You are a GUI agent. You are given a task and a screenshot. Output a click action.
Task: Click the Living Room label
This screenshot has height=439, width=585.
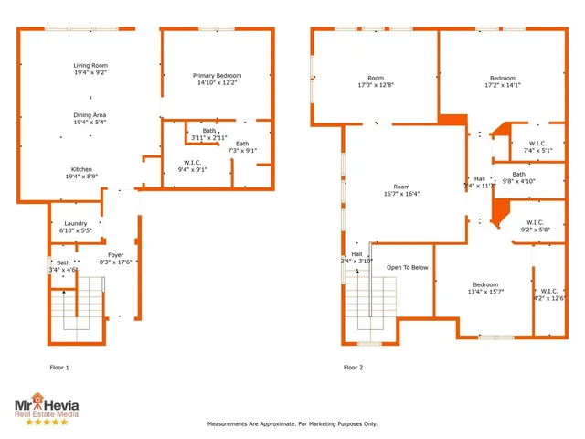coord(90,70)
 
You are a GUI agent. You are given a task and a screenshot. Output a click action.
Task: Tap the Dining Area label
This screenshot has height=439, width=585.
coord(90,119)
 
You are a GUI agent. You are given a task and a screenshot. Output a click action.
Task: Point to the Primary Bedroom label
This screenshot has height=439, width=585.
coord(215,79)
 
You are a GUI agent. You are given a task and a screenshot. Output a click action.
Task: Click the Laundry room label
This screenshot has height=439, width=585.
coord(75,227)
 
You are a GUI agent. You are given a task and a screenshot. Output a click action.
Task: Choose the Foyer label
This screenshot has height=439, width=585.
coord(115,259)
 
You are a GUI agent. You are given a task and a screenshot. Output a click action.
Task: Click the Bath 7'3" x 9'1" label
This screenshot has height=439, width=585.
coord(241,146)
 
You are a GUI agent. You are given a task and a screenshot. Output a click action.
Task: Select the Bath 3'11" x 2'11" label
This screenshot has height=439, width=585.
coord(209,134)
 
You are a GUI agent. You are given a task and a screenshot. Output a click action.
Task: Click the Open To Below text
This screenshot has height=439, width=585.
coord(407,268)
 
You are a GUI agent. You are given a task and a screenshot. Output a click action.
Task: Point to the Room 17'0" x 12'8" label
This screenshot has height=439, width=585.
coord(376,82)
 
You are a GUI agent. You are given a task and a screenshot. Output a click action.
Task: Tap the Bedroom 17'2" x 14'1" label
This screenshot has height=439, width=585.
coord(502,82)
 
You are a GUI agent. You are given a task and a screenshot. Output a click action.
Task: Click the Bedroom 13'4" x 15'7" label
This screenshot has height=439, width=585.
coord(484,288)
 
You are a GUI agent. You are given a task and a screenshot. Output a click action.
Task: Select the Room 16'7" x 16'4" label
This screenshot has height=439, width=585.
coord(401,190)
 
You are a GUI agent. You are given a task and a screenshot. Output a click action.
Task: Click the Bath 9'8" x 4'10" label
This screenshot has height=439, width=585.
coord(518,177)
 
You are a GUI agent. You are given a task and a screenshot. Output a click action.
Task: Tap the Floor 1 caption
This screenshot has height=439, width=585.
coord(59,368)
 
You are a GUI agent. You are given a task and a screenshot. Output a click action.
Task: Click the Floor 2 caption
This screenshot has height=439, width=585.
coord(353,368)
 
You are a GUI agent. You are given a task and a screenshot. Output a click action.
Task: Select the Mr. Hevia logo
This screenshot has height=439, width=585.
coord(46,408)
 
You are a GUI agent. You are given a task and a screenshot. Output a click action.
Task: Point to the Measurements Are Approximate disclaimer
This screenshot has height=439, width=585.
coord(292,423)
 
